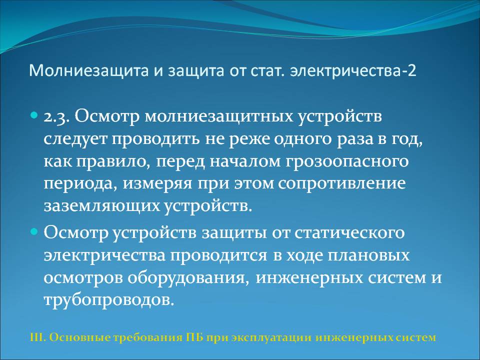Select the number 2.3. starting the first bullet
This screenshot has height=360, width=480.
click(57, 117)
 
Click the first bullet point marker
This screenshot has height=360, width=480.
click(34, 116)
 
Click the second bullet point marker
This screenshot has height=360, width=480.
click(34, 231)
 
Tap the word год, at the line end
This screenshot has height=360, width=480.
click(407, 140)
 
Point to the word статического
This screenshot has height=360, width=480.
click(349, 232)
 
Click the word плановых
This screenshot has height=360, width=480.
click(368, 255)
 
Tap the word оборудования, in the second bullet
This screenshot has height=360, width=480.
click(187, 278)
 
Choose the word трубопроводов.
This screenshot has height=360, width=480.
click(109, 300)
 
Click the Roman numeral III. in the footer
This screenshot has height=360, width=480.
click(38, 337)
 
